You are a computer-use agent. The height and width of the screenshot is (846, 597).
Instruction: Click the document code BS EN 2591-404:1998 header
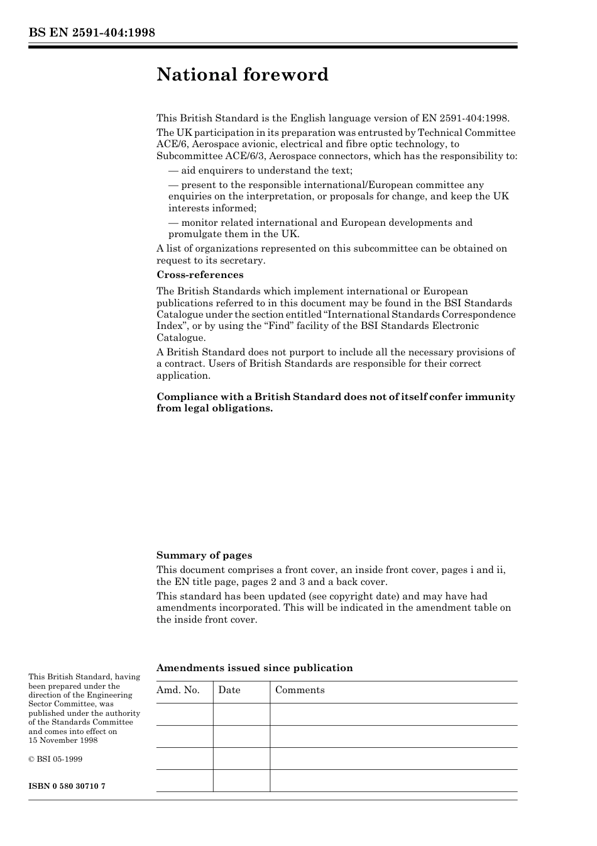[92, 33]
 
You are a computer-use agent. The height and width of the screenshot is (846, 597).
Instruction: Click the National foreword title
[243, 75]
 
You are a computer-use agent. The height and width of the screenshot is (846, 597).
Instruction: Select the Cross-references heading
[200, 275]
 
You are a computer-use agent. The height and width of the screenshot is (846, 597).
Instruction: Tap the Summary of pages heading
[204, 555]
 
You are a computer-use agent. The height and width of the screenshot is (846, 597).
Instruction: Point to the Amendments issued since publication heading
[255, 668]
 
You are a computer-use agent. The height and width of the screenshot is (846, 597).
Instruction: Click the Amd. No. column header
[178, 690]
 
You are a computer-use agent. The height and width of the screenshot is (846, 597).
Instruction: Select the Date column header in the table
[229, 690]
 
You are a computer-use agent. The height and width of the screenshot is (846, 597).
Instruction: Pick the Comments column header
[300, 690]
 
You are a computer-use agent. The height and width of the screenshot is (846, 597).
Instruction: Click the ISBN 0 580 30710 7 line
[67, 786]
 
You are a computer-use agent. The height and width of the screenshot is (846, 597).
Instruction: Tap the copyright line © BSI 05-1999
[55, 759]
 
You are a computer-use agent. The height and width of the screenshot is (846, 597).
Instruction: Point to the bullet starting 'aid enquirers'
[260, 170]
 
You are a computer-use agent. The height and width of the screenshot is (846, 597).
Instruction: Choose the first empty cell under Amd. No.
[184, 715]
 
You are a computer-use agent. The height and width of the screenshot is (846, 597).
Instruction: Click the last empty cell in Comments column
[393, 781]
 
